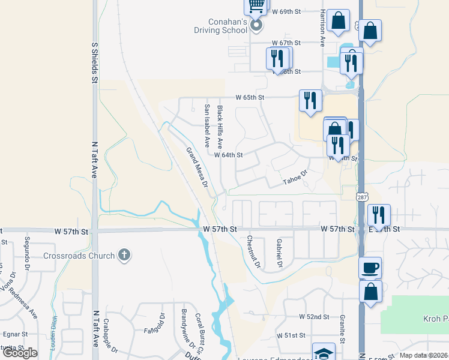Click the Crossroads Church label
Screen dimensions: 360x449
click(x=79, y=256)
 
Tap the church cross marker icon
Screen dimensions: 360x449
click(x=124, y=255)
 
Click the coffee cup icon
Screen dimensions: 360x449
click(x=370, y=268)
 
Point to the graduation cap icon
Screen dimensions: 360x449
click(x=324, y=353)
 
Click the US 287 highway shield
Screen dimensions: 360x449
click(x=363, y=196)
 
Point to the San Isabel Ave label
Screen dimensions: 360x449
click(x=207, y=125)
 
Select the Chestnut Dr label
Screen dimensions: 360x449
click(x=253, y=251)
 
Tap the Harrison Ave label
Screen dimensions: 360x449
click(x=322, y=28)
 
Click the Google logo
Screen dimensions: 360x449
click(x=20, y=353)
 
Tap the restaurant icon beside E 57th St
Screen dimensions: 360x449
click(x=379, y=215)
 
